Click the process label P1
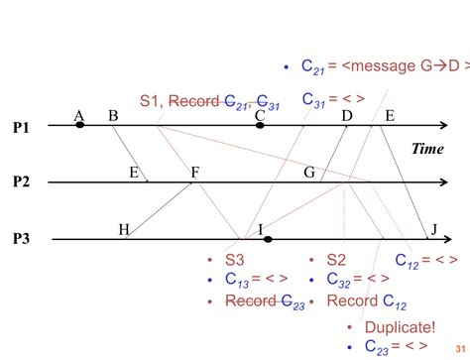point(22,128)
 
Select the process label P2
point(22,181)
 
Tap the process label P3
point(22,239)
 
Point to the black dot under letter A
point(80,126)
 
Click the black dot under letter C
point(260,126)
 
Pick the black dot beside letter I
point(267,239)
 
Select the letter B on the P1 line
point(113,116)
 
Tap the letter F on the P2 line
point(195,172)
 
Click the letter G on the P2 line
point(309,172)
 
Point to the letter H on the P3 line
point(124,229)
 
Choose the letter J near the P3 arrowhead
point(432,229)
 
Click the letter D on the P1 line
point(346,116)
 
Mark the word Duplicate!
point(400,327)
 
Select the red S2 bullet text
point(336,260)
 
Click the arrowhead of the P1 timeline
point(448,126)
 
